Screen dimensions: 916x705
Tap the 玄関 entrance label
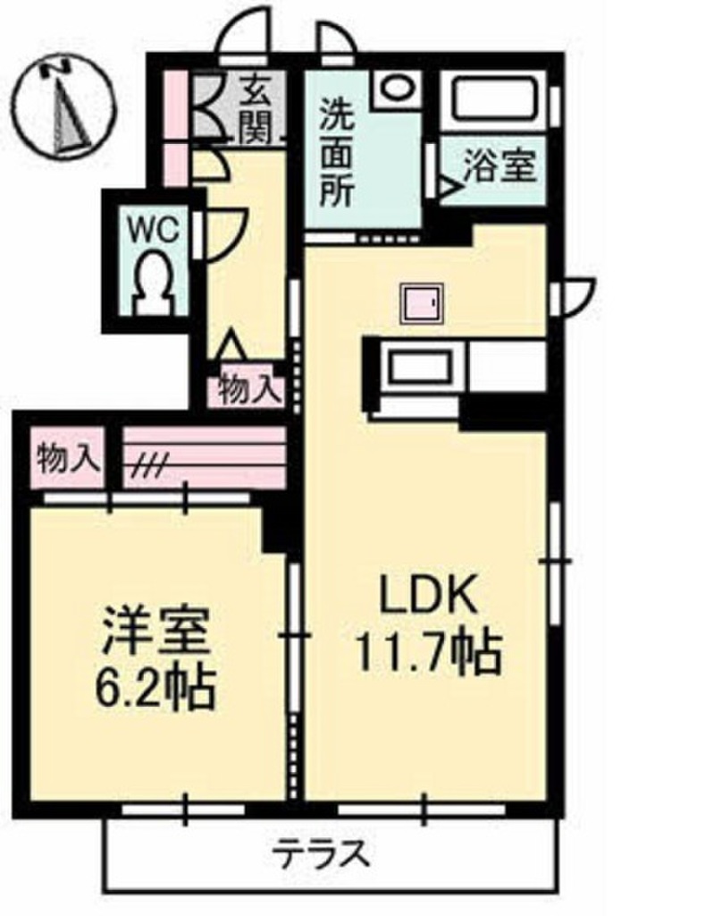pos(260,109)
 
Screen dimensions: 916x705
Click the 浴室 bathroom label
pos(499,166)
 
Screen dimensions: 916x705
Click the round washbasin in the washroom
pos(393,89)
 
